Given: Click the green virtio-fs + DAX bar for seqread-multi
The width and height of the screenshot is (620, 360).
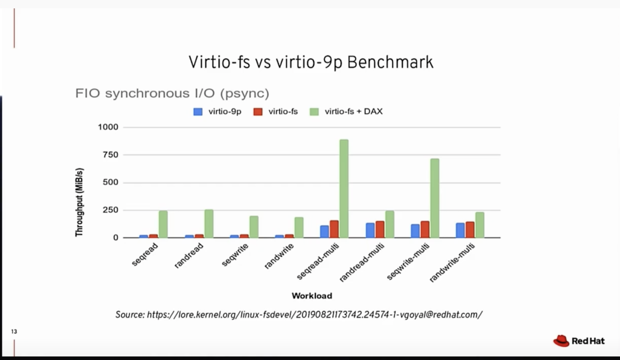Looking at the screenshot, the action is point(344,189).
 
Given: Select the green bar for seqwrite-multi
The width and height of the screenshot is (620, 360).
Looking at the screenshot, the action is point(434,198).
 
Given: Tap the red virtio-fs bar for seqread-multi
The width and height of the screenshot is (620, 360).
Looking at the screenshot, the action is point(334,229).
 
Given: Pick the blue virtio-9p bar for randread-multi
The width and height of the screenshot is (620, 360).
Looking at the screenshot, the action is point(370,230).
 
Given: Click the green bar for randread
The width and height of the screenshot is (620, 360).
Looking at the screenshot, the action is point(209,224).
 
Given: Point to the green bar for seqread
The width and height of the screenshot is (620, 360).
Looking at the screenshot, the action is point(163,224).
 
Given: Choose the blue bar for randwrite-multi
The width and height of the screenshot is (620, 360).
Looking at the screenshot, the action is point(460,230).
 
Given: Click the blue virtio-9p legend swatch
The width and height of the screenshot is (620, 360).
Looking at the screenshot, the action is point(198,112).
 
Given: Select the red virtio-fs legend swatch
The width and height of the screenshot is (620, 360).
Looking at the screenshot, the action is point(258,112).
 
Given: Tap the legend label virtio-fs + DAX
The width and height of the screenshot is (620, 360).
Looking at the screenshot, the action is point(353,112).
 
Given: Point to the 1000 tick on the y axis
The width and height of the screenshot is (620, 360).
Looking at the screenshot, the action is point(108,127).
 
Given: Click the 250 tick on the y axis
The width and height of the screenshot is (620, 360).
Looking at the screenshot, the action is point(110,210).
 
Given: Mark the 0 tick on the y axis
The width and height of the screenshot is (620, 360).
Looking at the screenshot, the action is point(116,237).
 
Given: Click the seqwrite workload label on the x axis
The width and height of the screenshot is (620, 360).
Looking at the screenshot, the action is point(235,255).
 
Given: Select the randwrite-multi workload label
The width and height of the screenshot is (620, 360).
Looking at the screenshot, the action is point(452,263).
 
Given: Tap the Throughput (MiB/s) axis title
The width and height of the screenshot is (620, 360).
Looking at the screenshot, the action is point(79,202).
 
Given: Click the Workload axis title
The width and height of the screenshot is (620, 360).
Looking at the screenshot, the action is point(312,296).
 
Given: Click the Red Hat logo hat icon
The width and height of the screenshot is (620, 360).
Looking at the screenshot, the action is point(561,341).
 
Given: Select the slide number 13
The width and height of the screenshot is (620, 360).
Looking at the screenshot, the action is point(14,331).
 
